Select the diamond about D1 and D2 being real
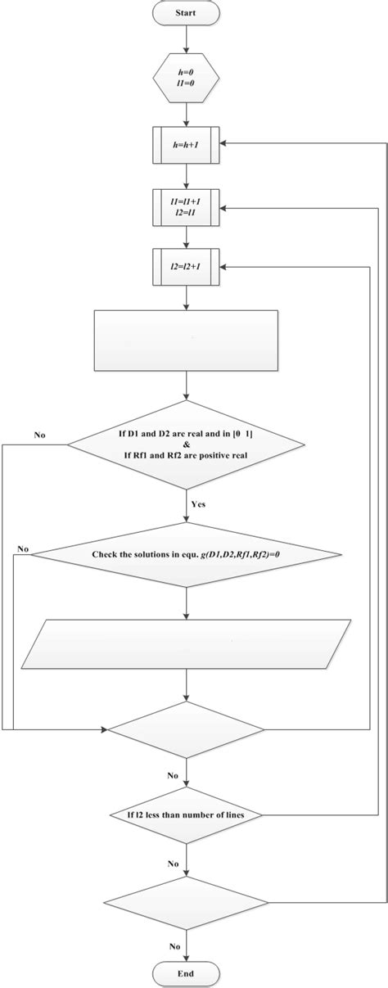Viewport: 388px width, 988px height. click(188, 444)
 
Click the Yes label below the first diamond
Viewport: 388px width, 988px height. click(198, 503)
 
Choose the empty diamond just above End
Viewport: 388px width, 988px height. click(188, 902)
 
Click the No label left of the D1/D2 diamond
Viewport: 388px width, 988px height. click(38, 435)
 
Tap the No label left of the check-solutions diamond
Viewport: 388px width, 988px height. click(23, 548)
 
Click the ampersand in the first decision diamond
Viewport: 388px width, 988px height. click(187, 444)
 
